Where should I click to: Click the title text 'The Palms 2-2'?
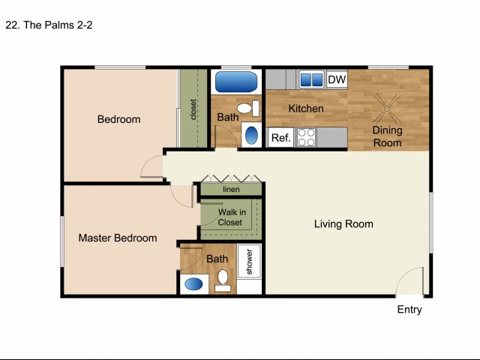click(58, 25)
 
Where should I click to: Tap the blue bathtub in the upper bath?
click(236, 82)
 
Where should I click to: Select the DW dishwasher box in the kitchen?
click(337, 79)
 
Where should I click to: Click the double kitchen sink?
click(311, 79)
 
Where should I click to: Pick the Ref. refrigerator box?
click(280, 138)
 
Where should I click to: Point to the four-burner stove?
click(306, 137)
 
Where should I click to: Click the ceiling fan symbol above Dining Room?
click(387, 108)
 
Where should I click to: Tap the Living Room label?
click(343, 223)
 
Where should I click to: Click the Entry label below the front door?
click(409, 310)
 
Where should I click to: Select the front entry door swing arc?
click(404, 273)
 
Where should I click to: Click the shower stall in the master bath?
click(250, 261)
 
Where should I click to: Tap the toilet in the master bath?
click(223, 280)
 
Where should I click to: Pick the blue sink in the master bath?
click(193, 284)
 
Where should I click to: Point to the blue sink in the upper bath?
click(251, 135)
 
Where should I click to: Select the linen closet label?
click(231, 190)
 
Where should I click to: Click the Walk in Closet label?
click(232, 217)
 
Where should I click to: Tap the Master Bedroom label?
click(118, 238)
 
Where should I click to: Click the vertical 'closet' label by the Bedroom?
click(193, 109)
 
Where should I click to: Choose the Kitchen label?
click(306, 108)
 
